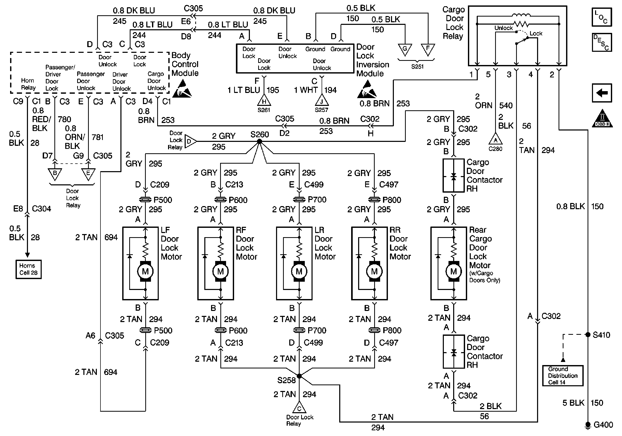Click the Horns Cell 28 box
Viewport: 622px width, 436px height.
tap(28, 269)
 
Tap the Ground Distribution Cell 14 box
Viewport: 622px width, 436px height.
tap(563, 375)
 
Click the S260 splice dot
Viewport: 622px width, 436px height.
tap(259, 141)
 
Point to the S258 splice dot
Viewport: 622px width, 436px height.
tap(299, 376)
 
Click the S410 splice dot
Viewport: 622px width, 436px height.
tap(588, 335)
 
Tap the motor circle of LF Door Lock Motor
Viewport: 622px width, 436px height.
tap(145, 271)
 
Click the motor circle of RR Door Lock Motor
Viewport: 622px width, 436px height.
tap(374, 271)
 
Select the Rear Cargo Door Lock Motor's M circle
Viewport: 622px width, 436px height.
tap(453, 271)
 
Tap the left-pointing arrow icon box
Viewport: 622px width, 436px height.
tap(602, 93)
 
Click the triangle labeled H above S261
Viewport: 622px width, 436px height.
tap(264, 100)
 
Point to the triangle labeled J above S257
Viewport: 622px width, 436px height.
tap(322, 100)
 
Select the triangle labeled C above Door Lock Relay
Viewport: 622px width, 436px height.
tap(299, 407)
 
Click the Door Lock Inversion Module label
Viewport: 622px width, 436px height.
tap(372, 60)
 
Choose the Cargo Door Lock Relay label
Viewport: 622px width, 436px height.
tap(453, 23)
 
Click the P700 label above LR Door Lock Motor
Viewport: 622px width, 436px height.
tap(317, 200)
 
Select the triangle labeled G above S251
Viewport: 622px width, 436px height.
tap(405, 50)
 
